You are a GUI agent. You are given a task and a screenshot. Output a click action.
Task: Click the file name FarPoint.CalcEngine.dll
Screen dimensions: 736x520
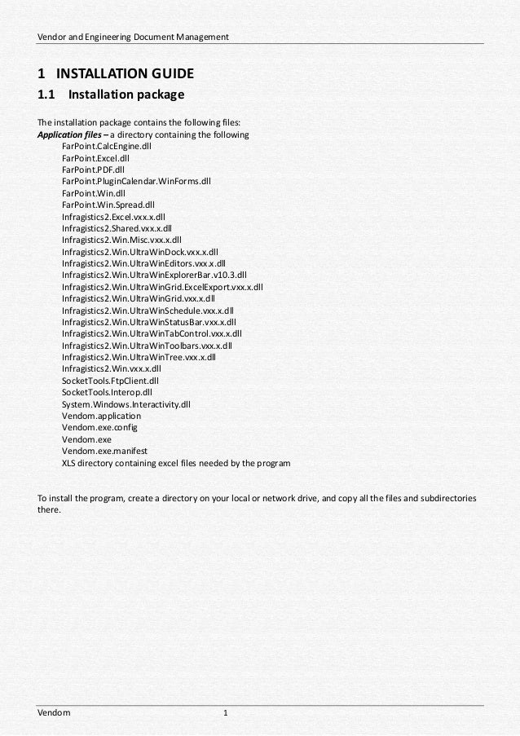(x=106, y=147)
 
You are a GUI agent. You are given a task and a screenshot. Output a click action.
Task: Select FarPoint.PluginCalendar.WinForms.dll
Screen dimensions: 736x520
(x=135, y=182)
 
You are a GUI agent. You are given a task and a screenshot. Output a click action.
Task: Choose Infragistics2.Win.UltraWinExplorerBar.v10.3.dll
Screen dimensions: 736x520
(x=153, y=275)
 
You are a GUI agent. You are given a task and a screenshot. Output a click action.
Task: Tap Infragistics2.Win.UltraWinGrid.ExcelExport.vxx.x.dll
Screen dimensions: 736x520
(x=161, y=287)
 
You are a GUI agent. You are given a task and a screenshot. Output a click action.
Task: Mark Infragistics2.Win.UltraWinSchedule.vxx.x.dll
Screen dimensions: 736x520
(x=147, y=311)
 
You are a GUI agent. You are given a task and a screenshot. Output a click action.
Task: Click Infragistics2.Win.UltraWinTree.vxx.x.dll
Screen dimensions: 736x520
(x=138, y=357)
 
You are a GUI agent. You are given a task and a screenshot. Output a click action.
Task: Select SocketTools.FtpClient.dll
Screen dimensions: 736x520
(x=109, y=381)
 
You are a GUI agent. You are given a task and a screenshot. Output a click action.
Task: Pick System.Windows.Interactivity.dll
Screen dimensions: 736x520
(x=126, y=404)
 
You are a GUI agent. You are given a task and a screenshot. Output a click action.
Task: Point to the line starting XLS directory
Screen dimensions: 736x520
(x=175, y=463)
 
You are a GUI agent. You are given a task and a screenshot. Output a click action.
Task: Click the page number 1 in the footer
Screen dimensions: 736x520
(x=226, y=713)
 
